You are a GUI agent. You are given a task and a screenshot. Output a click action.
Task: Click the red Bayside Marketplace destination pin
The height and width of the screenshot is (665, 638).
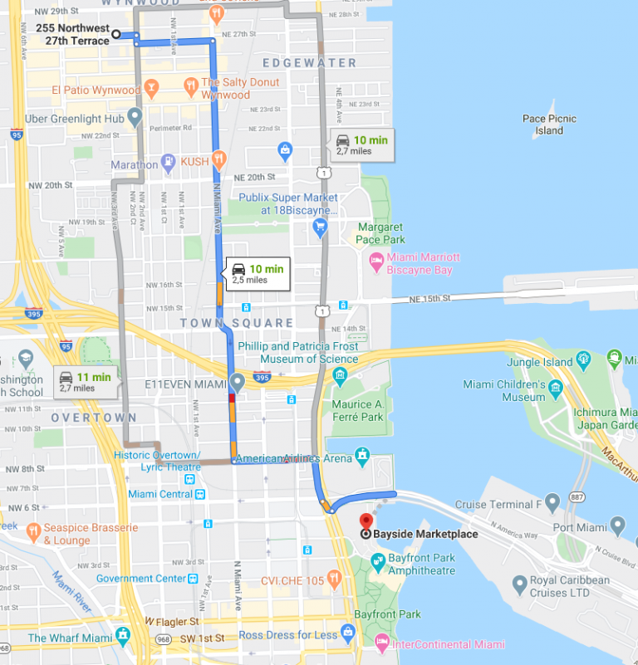coord(364,521)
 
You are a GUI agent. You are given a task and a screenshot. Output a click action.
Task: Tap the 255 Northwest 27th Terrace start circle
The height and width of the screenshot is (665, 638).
coord(116,34)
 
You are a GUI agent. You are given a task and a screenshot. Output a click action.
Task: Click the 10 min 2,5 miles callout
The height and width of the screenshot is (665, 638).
coord(258,274)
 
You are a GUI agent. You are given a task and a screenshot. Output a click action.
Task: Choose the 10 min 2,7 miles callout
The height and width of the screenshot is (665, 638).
coord(361,145)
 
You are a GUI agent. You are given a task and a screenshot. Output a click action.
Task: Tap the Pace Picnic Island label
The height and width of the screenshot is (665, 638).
coord(549,125)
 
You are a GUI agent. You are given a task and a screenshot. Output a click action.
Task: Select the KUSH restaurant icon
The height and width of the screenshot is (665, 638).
coord(218,159)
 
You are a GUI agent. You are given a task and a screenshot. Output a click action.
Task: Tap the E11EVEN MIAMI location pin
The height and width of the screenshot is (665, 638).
coord(237,383)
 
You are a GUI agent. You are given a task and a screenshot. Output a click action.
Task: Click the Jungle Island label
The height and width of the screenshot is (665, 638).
coord(542,362)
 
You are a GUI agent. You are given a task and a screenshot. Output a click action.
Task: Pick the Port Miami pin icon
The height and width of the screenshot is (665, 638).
coord(617,526)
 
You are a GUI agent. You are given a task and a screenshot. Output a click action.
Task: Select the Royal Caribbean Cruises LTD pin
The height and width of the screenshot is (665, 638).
coord(519,585)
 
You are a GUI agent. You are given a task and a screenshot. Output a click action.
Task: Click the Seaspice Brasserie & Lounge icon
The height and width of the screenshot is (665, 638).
coord(33,530)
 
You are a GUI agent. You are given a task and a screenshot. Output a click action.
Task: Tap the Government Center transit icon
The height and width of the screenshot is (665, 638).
coord(193,579)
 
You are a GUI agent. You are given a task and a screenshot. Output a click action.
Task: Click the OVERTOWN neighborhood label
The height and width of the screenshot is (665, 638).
coord(94,418)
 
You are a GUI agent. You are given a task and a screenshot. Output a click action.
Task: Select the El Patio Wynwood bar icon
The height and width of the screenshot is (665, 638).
coord(151,88)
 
